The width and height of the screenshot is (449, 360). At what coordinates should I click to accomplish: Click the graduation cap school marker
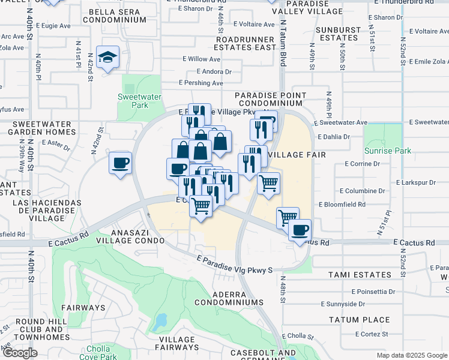107,58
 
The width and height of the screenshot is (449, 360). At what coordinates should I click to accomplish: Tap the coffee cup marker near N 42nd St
121,163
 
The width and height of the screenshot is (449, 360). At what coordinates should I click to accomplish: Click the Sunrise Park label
387,151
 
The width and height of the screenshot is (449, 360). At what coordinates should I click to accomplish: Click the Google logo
20,353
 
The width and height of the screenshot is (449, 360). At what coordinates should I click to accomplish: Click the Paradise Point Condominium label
270,100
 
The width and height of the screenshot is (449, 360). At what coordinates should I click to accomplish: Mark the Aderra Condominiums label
237,298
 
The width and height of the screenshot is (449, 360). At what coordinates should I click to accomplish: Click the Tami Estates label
360,275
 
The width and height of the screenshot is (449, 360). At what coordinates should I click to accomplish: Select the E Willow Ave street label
202,59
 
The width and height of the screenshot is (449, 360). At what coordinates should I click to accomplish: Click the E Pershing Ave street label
200,83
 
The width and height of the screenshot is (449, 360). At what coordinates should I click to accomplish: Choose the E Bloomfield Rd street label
342,205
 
